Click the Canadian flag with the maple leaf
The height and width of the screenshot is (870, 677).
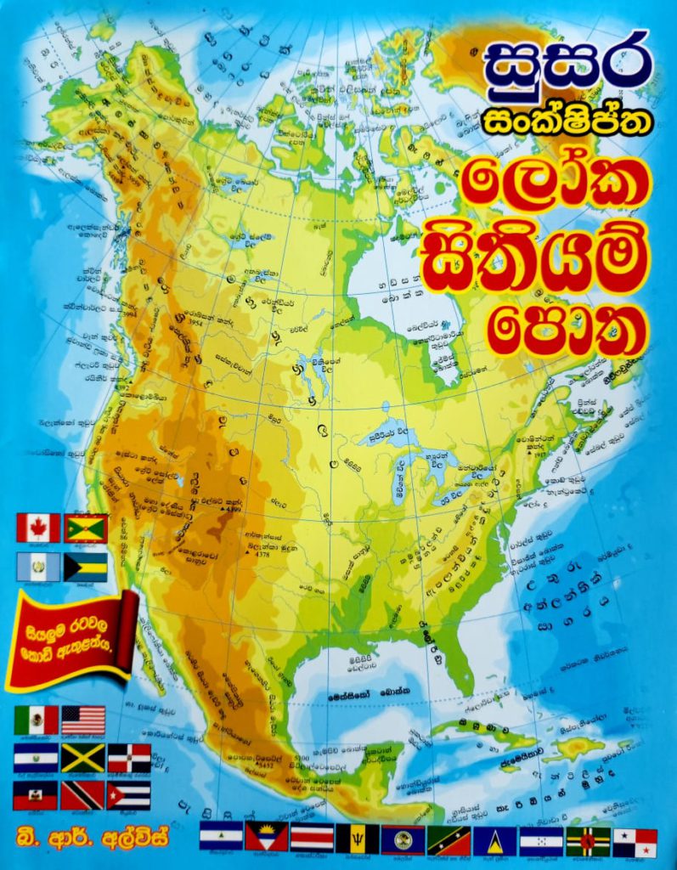(38, 528)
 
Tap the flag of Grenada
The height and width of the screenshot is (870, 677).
(86, 528)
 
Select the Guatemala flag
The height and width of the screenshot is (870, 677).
(38, 567)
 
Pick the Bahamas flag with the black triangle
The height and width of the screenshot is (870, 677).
(86, 567)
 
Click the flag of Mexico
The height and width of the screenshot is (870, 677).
(36, 720)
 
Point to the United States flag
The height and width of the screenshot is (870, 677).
(83, 720)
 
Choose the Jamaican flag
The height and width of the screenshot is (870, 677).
(83, 758)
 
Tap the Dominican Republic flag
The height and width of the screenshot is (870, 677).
(129, 758)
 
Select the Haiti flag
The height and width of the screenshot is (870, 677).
(36, 795)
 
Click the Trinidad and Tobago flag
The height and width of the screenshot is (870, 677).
(83, 795)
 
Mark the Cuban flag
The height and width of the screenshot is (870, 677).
(129, 795)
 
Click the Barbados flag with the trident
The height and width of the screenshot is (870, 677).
(358, 839)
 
